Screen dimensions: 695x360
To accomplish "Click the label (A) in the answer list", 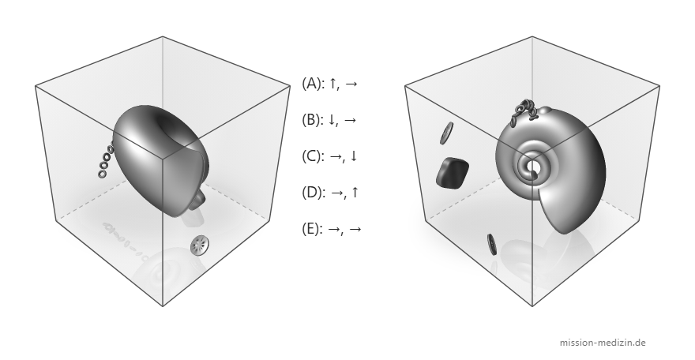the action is click(313, 83).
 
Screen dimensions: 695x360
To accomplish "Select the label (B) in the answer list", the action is click(313, 119).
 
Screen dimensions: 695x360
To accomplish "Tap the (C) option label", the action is click(313, 156).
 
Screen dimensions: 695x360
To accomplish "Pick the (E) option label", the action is click(313, 229).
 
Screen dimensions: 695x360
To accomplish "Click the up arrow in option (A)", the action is click(332, 83).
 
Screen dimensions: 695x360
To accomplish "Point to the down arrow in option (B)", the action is click(332, 120).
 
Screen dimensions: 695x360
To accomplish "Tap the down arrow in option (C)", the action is click(353, 156).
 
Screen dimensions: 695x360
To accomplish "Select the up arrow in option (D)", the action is click(354, 193).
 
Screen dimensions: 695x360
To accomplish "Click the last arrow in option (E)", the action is click(355, 230).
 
